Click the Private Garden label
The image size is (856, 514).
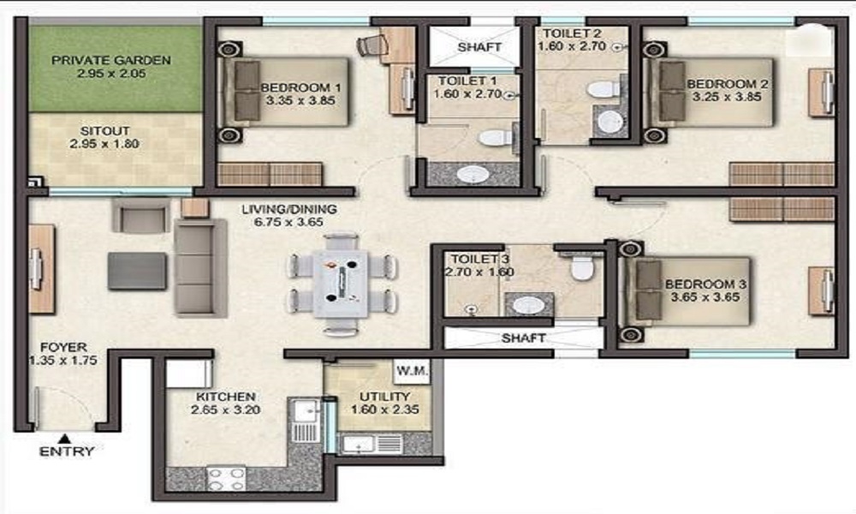click(110, 60)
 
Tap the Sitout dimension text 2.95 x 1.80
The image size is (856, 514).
click(104, 144)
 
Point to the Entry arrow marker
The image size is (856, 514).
click(65, 438)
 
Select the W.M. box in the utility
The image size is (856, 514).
click(412, 371)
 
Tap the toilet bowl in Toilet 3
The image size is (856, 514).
click(581, 267)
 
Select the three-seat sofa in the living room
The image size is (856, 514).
click(200, 267)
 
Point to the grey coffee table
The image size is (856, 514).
click(137, 271)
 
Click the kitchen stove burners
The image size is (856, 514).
click(226, 479)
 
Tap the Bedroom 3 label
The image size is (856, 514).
click(705, 284)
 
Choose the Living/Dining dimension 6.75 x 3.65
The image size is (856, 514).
click(288, 223)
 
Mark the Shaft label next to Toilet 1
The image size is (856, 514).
click(479, 47)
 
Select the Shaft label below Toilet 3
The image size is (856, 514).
click(523, 338)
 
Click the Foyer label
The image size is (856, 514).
click(63, 348)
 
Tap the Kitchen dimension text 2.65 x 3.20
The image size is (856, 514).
click(225, 410)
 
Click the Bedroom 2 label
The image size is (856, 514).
click(727, 84)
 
